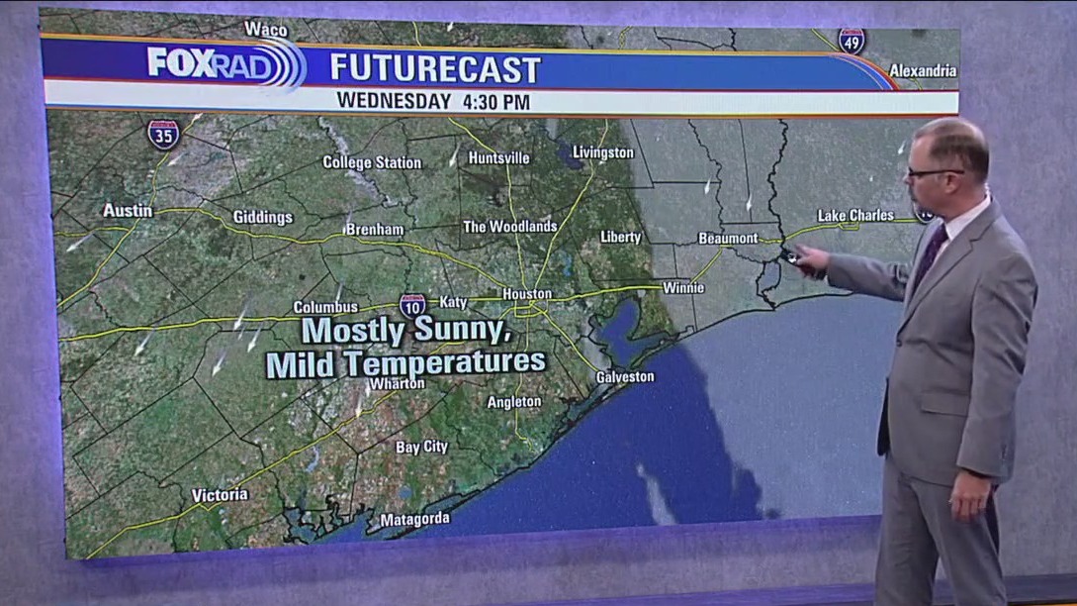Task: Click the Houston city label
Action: tap(526, 294)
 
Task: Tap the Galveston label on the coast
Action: tap(624, 376)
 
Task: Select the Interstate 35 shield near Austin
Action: tap(163, 134)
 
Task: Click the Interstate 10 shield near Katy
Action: tap(412, 305)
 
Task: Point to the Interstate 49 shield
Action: tap(851, 41)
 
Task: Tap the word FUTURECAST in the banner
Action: tap(435, 68)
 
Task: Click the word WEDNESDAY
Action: tap(393, 101)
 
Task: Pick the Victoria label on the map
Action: tap(220, 495)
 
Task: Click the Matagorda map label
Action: tap(414, 519)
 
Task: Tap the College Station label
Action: tap(372, 162)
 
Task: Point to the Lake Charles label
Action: tap(855, 215)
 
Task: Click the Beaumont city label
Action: tap(728, 238)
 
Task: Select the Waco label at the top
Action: tap(265, 29)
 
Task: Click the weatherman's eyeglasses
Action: tap(934, 172)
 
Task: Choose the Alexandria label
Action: tap(923, 70)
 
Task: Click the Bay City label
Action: tap(421, 447)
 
